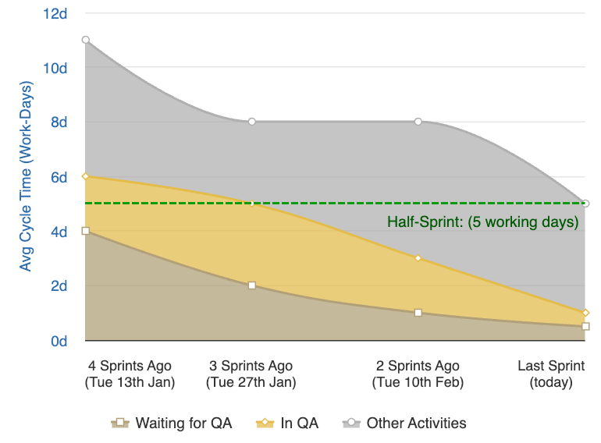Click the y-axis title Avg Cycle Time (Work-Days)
pyautogui.click(x=26, y=177)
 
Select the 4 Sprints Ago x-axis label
pyautogui.click(x=130, y=374)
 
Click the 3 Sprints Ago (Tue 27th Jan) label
pyautogui.click(x=251, y=374)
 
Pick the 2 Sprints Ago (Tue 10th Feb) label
pyautogui.click(x=418, y=374)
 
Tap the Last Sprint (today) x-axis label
pyautogui.click(x=551, y=374)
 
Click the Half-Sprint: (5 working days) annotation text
pyautogui.click(x=482, y=222)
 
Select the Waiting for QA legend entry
pyautogui.click(x=172, y=424)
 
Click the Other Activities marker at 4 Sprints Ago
pyautogui.click(x=86, y=40)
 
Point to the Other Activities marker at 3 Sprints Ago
pyautogui.click(x=252, y=122)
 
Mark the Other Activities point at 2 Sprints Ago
pyautogui.click(x=418, y=122)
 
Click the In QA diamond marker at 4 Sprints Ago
pyautogui.click(x=86, y=176)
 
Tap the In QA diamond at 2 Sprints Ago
pyautogui.click(x=418, y=258)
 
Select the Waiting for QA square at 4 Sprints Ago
pyautogui.click(x=86, y=231)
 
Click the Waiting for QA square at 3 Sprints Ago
pyautogui.click(x=252, y=285)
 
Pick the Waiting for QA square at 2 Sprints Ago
pyautogui.click(x=418, y=313)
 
